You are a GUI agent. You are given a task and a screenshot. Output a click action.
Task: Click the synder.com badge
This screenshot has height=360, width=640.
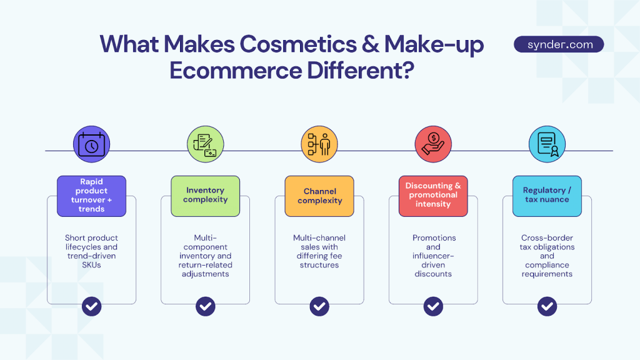point(559,44)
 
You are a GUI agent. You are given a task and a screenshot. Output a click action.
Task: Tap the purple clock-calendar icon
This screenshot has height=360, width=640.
point(92,145)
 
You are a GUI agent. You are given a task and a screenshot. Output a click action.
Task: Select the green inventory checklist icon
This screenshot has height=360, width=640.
point(206,145)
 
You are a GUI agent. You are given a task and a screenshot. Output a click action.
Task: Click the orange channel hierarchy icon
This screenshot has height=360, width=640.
point(319,145)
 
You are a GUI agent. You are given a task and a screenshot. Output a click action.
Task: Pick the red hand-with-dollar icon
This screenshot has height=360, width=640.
point(433,145)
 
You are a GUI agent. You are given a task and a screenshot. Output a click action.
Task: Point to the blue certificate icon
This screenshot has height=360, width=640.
point(547,145)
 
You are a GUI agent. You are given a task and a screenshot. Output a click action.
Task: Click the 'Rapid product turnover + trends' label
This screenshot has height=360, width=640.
point(92,196)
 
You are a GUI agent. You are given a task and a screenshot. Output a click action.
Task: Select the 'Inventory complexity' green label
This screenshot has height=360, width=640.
point(206,196)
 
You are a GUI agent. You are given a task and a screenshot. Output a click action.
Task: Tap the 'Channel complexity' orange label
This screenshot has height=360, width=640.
point(319,196)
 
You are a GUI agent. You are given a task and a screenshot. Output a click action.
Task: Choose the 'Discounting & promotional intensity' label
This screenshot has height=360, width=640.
point(433,196)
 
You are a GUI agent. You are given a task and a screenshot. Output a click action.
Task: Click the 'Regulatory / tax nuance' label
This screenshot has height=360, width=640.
point(547,196)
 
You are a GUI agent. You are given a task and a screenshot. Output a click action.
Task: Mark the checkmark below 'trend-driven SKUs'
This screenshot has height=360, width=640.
point(92,306)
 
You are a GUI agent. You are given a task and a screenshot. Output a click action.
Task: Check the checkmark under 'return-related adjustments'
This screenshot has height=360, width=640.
point(206,306)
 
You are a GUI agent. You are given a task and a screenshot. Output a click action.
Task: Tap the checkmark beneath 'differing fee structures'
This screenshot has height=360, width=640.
point(319,306)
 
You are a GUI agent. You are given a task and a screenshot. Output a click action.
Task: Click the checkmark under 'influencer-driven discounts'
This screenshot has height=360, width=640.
point(433,306)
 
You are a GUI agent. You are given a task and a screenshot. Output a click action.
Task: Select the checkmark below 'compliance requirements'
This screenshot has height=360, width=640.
point(547,306)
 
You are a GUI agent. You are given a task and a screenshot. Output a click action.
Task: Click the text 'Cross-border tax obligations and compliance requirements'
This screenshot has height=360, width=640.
point(547,256)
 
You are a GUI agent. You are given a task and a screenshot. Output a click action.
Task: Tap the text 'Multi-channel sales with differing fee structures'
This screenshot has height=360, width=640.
point(319,251)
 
